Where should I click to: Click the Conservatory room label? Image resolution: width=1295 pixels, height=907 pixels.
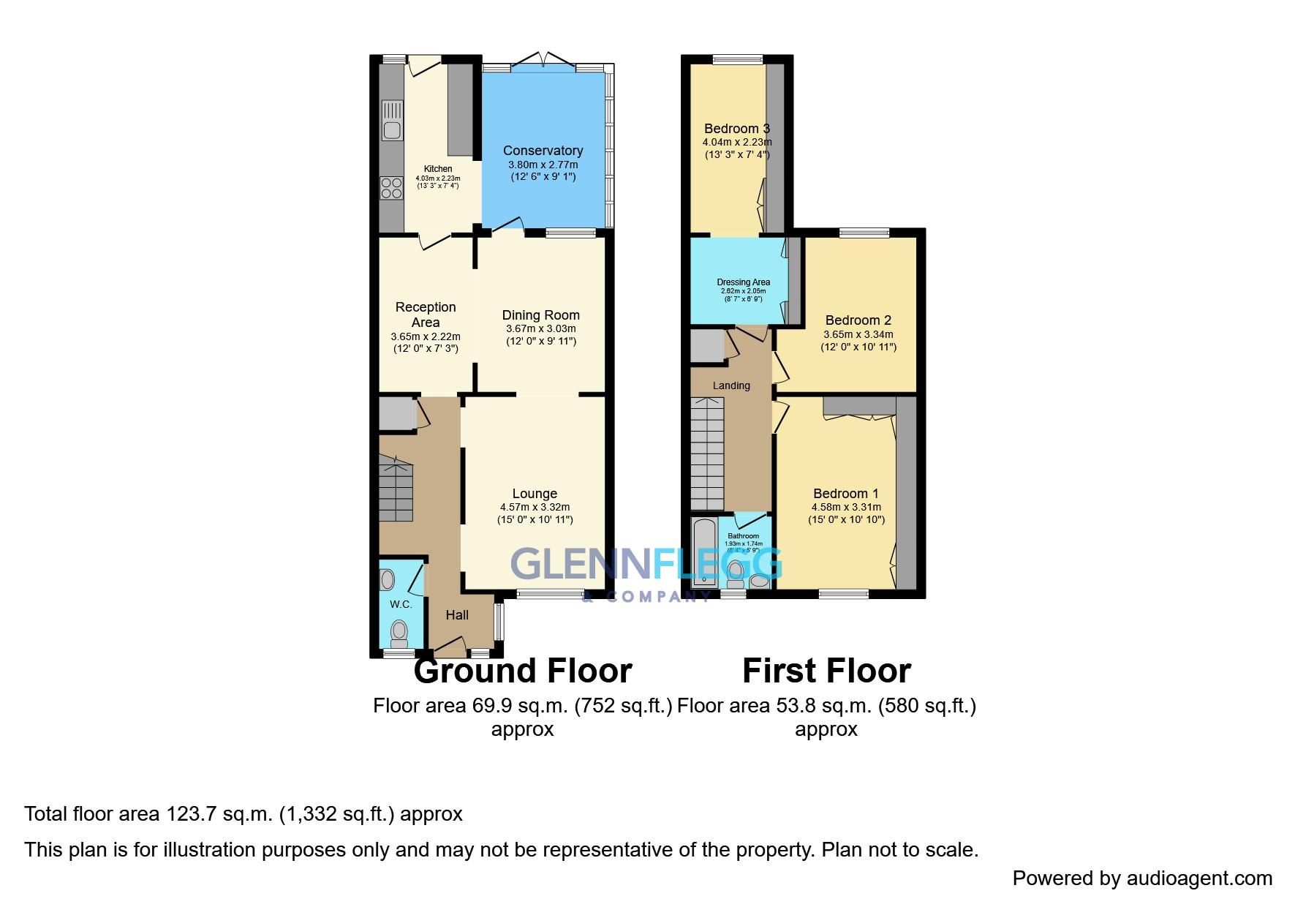pyautogui.click(x=543, y=151)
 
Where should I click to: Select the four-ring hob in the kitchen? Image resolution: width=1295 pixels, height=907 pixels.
pyautogui.click(x=391, y=188)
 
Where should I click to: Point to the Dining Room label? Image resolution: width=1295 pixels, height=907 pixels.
pyautogui.click(x=540, y=315)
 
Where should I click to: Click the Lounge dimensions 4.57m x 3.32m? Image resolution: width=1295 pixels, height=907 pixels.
pyautogui.click(x=535, y=507)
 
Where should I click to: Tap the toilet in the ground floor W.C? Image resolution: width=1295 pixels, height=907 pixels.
pyautogui.click(x=399, y=632)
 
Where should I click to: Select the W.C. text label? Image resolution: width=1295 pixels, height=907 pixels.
pyautogui.click(x=401, y=604)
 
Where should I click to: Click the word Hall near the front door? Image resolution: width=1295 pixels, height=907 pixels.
pyautogui.click(x=457, y=615)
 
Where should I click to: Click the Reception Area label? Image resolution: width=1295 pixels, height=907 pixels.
pyautogui.click(x=426, y=315)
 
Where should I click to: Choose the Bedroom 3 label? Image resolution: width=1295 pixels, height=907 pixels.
pyautogui.click(x=736, y=129)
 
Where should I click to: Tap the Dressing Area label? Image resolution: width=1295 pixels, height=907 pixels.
pyautogui.click(x=743, y=282)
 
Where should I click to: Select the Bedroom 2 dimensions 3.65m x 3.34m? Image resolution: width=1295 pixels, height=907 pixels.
pyautogui.click(x=858, y=334)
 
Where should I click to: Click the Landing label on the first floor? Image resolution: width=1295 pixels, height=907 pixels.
pyautogui.click(x=731, y=385)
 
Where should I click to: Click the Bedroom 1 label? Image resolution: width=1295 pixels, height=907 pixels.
pyautogui.click(x=845, y=494)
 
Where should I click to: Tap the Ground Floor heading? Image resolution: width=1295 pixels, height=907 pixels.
pyautogui.click(x=522, y=671)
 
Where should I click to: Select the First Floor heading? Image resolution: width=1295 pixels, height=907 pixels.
pyautogui.click(x=826, y=671)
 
